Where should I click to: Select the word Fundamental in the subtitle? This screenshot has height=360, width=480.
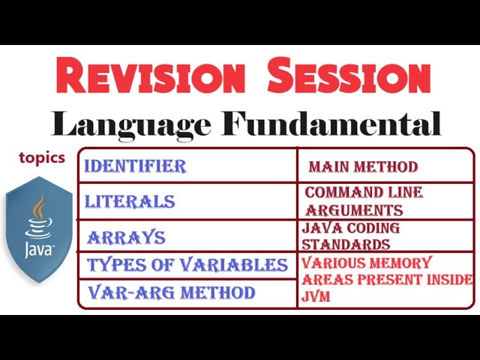(x=331, y=124)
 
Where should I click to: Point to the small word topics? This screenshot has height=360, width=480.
(x=42, y=158)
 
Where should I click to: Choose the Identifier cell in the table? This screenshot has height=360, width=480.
(x=135, y=166)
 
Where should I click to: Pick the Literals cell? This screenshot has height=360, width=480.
(x=130, y=202)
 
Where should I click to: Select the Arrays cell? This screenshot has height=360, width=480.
(x=126, y=238)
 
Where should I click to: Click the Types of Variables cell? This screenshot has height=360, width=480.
(x=187, y=265)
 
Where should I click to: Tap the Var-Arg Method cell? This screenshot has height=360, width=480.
(x=172, y=292)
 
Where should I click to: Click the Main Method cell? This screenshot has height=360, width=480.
(x=363, y=166)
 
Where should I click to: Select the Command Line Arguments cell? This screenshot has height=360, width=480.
(x=364, y=201)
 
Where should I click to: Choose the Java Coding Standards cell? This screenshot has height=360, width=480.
(x=351, y=235)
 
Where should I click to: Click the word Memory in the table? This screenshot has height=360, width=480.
(x=405, y=263)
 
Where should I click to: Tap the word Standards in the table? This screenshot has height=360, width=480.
(x=346, y=244)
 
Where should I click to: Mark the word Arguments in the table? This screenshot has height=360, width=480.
(x=354, y=210)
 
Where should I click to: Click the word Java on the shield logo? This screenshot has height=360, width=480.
(x=39, y=248)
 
